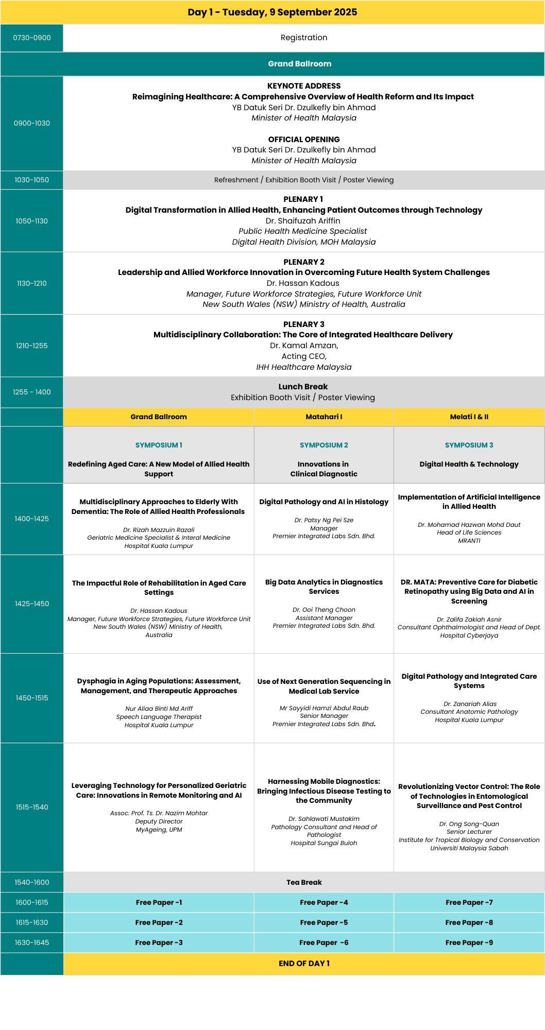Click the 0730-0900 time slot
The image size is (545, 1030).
click(32, 38)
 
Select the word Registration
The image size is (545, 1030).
click(304, 38)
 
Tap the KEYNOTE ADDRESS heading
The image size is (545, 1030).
click(304, 86)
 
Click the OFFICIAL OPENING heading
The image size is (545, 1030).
click(304, 140)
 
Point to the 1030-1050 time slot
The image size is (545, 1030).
click(32, 180)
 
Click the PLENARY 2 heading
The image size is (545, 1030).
click(304, 262)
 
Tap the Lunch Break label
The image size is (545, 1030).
click(303, 387)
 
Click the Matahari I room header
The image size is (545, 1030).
click(324, 417)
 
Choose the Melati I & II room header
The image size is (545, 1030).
click(469, 417)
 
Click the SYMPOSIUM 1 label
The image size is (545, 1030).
click(159, 445)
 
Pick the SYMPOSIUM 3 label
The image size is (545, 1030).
click(469, 445)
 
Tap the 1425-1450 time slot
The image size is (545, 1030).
click(32, 604)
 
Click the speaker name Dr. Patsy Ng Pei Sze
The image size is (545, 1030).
click(324, 520)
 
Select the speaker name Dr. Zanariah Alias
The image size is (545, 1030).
click(469, 704)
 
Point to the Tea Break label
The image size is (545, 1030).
click(304, 882)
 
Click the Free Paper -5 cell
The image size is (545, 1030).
click(324, 922)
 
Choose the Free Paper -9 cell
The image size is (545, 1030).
click(469, 942)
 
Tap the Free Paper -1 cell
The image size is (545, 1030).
click(159, 902)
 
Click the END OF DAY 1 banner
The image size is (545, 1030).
click(304, 964)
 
